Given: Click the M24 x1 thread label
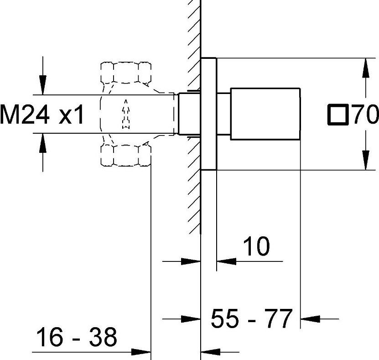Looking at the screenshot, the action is tap(42, 115).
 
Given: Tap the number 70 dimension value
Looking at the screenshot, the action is tap(365, 115).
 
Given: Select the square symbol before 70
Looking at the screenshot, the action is tap(338, 115).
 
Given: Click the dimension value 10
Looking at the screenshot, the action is tap(256, 246).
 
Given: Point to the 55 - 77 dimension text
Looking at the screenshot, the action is tap(252, 318).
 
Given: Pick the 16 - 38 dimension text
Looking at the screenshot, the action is tap(77, 337).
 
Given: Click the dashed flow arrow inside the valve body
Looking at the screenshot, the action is tap(126, 114).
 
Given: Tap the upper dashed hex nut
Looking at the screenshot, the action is tap(126, 73).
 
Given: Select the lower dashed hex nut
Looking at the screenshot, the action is tap(126, 156).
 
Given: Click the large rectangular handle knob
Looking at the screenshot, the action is tap(265, 114).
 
